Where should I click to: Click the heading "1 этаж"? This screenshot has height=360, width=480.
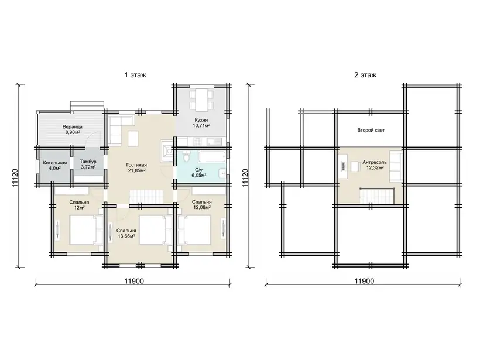click(x=135, y=75)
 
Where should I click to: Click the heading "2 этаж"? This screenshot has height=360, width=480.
click(x=365, y=75)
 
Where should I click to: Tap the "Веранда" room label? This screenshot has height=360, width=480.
click(x=72, y=127)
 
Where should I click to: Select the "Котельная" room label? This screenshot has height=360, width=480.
click(x=55, y=163)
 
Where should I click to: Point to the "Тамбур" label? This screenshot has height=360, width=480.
click(x=88, y=162)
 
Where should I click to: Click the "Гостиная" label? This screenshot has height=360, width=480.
click(x=136, y=165)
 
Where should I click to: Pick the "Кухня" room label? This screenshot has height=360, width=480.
click(x=201, y=120)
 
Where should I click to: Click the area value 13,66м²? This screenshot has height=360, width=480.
click(x=126, y=236)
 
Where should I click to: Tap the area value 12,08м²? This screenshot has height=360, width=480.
click(x=201, y=208)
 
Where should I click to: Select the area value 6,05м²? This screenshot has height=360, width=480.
click(x=198, y=175)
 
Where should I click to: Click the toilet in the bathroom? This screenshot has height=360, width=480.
click(x=186, y=156)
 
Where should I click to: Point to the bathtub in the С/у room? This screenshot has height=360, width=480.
click(x=212, y=156)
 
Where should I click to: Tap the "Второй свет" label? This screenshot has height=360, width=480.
click(x=371, y=130)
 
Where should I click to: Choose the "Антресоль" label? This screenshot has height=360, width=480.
click(x=375, y=162)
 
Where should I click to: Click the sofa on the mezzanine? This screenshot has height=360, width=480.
click(x=395, y=166)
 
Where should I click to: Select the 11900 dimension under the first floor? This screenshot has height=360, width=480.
click(x=134, y=281)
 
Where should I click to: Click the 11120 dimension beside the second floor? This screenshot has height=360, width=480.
click(x=245, y=178)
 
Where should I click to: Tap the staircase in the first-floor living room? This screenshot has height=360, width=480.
click(x=146, y=197)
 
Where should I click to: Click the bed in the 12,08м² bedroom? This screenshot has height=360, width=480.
click(x=195, y=230)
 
